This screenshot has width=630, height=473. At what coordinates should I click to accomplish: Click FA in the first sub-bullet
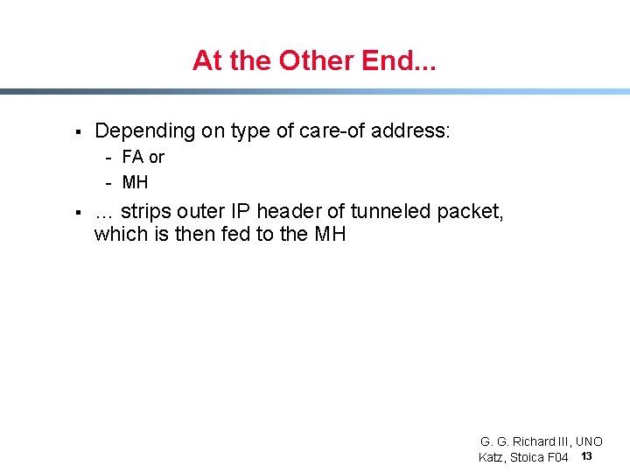click(133, 158)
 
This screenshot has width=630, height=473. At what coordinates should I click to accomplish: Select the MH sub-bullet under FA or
click(136, 182)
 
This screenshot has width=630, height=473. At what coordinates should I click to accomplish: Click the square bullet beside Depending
click(78, 132)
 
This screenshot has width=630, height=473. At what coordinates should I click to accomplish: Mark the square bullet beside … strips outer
click(78, 213)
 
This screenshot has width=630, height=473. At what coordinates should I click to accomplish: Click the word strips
click(146, 211)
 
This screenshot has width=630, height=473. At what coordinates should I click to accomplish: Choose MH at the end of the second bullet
click(330, 234)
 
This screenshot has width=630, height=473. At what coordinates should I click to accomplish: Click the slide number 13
click(586, 456)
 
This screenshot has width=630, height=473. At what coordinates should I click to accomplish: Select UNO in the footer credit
click(588, 441)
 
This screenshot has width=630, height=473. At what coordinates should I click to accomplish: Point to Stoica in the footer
click(526, 457)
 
